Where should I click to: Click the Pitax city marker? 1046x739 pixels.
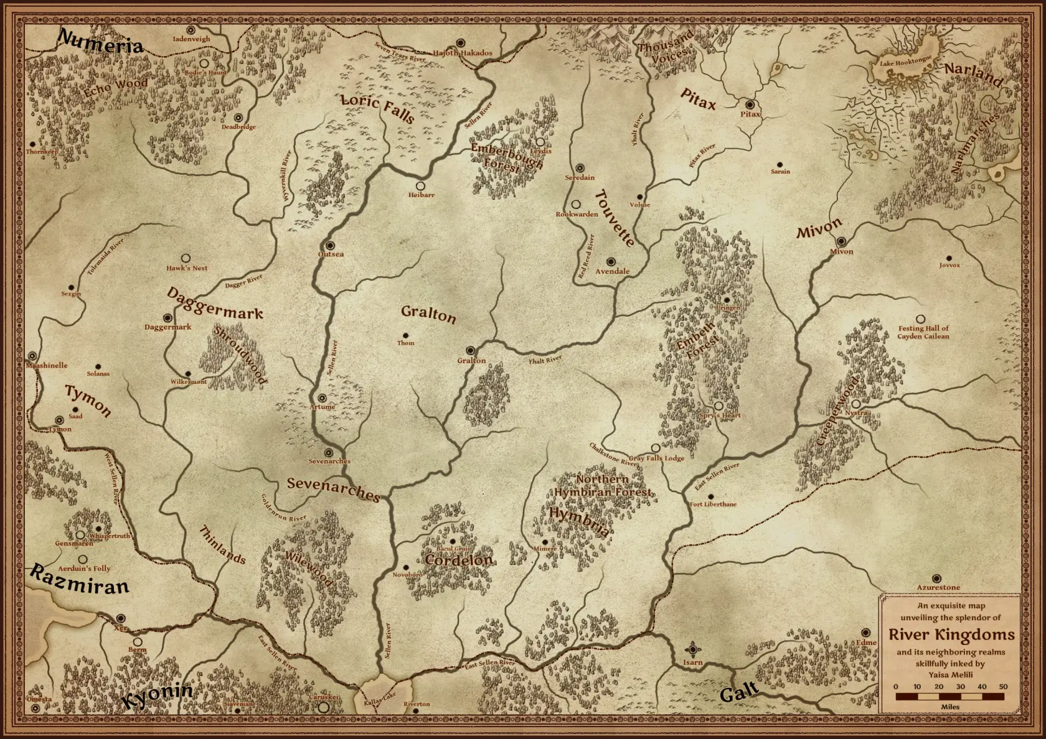[x=750, y=105]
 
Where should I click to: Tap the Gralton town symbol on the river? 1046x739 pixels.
[x=471, y=351]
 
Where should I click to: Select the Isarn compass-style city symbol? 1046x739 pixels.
[x=692, y=649]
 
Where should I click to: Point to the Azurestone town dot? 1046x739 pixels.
[x=936, y=578]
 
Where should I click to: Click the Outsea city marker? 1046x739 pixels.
[x=329, y=245]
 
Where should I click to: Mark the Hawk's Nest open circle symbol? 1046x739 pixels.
[x=186, y=258]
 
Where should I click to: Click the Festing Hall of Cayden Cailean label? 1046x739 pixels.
[x=923, y=332]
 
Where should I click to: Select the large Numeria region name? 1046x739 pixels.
[x=100, y=42]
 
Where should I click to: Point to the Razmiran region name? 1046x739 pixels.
[x=79, y=580]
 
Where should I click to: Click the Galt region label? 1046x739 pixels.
[x=739, y=692]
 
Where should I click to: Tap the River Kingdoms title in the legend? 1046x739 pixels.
[x=951, y=634]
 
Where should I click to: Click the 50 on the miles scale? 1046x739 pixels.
[x=1003, y=687]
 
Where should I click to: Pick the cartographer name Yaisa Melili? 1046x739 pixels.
[x=950, y=674]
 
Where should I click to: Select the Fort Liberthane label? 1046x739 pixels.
[x=713, y=504]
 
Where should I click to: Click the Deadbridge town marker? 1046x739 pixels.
[x=238, y=118]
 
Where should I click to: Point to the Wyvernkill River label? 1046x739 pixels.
[x=287, y=175]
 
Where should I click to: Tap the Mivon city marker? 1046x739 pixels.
[x=841, y=241]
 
